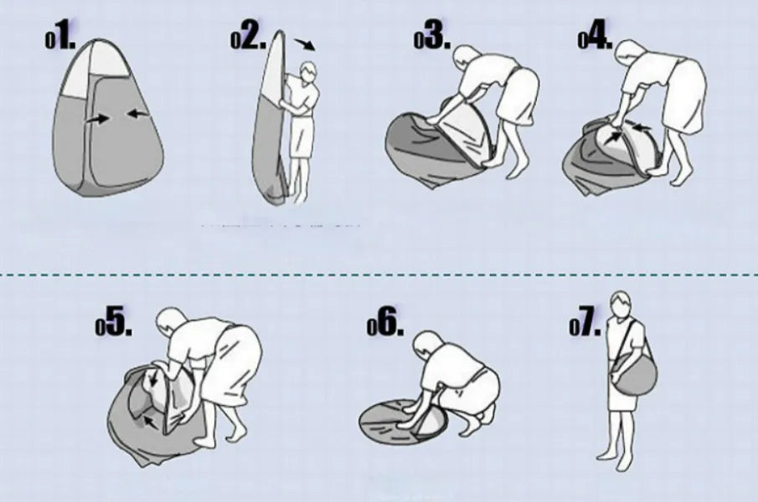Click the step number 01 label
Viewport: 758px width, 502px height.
point(60,39)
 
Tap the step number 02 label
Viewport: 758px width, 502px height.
point(249,38)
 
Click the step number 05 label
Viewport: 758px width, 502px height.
point(114,324)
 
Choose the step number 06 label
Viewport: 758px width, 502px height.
point(385,324)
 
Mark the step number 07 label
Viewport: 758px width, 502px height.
point(585,324)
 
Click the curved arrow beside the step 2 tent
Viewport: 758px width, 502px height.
point(306,44)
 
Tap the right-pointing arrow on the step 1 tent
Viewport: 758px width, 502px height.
point(98,118)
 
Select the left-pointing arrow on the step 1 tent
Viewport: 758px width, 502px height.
point(138,114)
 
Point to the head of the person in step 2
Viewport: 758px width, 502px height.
point(308,72)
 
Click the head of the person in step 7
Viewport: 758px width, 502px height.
point(621,304)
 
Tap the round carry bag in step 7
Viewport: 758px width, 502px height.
point(634,372)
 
